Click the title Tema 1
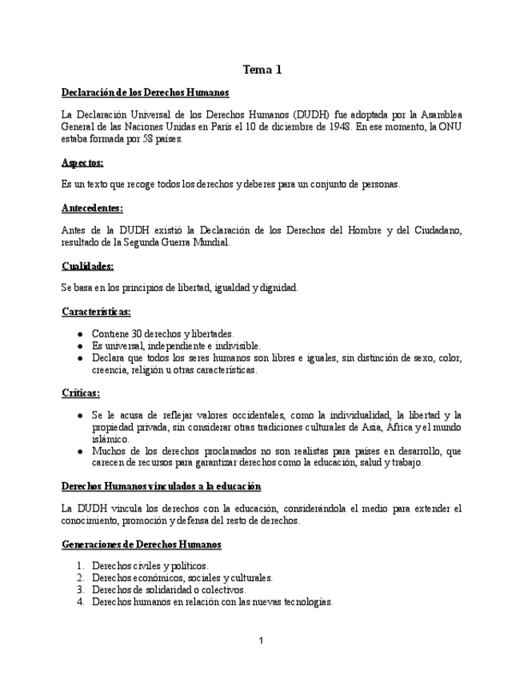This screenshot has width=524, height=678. point(262,70)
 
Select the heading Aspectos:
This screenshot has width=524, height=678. point(82,162)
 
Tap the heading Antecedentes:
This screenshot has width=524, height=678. point(92,209)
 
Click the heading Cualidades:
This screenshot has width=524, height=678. point(87,265)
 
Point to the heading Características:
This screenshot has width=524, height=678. point(96,312)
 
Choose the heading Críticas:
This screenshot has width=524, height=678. point(81,393)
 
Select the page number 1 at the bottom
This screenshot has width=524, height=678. point(261,640)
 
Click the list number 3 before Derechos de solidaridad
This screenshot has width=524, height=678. point(81,589)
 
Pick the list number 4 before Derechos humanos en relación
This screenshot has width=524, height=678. point(81,601)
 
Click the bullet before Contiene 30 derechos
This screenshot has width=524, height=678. point(80,334)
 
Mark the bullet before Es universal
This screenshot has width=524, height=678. point(80,346)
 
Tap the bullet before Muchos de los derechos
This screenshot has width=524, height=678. point(80,452)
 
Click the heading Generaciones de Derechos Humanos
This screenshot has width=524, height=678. point(141,544)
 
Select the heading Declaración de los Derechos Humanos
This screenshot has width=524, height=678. point(145,93)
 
